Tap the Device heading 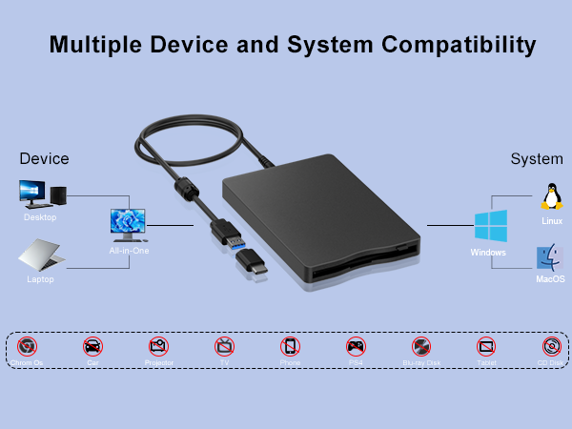[44, 158]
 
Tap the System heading [537, 158]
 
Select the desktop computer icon [42, 194]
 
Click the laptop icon [41, 255]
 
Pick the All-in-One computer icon [129, 225]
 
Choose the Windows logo [490, 227]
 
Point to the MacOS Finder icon [550, 257]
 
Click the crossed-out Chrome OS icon [28, 346]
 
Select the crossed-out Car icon [92, 346]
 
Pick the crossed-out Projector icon [158, 346]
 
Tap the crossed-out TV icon [224, 346]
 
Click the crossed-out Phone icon [290, 346]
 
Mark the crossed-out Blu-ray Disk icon [420, 346]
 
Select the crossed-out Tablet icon [486, 346]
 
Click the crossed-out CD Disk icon [551, 346]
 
